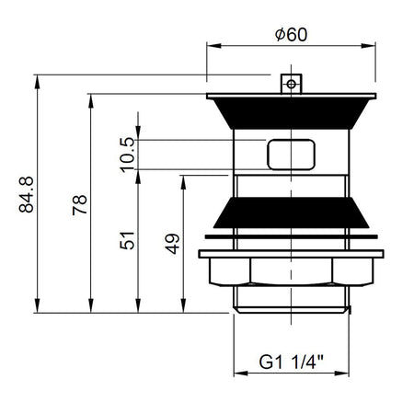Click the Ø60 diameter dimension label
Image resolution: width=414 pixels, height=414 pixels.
click(291, 35)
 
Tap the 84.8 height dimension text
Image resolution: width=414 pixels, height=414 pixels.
click(26, 194)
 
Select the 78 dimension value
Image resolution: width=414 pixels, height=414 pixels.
click(80, 204)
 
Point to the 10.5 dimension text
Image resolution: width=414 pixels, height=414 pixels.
click(127, 155)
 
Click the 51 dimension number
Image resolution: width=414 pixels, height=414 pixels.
click(127, 240)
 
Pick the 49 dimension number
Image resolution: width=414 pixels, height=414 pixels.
click(172, 244)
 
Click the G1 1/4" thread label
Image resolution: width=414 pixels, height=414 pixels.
click(291, 362)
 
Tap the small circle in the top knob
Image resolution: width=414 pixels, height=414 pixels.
click(292, 84)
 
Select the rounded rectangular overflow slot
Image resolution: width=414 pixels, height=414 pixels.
click(291, 155)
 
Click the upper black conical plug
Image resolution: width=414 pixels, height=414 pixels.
click(291, 113)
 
